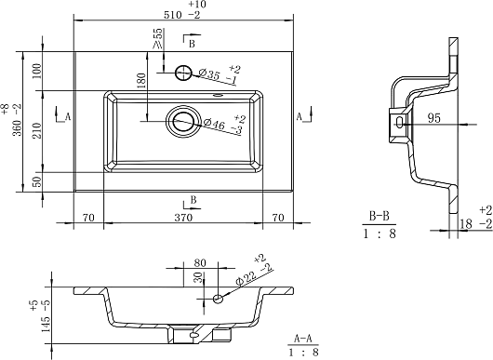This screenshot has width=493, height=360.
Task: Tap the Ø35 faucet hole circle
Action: click(183, 73)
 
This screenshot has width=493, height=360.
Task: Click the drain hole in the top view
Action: click(183, 121)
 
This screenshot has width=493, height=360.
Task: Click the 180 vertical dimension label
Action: click(141, 81)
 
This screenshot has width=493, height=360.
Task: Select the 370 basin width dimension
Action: click(183, 218)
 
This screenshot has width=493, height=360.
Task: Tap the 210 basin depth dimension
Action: click(37, 130)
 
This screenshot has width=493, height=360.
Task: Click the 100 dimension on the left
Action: click(37, 71)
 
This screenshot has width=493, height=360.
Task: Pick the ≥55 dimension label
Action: click(158, 39)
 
